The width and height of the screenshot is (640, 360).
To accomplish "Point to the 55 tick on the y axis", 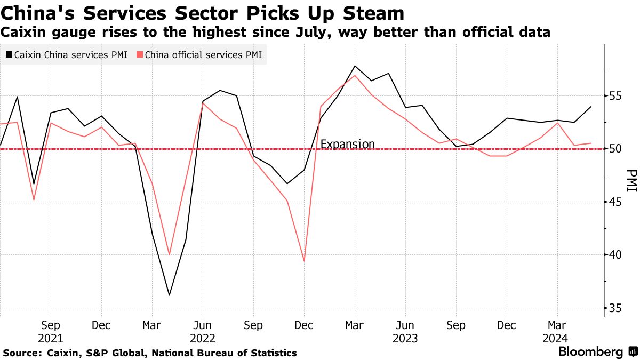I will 617,96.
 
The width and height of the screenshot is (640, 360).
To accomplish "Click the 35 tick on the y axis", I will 617,308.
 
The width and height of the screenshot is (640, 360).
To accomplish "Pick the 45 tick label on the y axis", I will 617,202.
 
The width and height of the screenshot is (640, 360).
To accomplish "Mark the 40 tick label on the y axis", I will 617,255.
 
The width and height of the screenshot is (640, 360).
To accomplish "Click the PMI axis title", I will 631,181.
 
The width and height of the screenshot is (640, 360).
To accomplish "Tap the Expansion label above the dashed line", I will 347,144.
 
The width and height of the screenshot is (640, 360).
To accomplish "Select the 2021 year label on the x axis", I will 51,338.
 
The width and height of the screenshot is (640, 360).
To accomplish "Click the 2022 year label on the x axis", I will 202,338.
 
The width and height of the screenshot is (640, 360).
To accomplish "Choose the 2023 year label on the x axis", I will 405,338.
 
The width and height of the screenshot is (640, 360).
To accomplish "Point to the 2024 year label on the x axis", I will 557,338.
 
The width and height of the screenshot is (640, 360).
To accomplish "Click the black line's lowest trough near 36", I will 169,295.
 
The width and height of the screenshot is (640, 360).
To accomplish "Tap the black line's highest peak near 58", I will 355,66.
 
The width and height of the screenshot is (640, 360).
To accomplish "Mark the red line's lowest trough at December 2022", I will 304,261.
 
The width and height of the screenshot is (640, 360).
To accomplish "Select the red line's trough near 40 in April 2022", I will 169,254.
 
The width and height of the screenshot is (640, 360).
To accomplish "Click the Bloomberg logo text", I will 590,352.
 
